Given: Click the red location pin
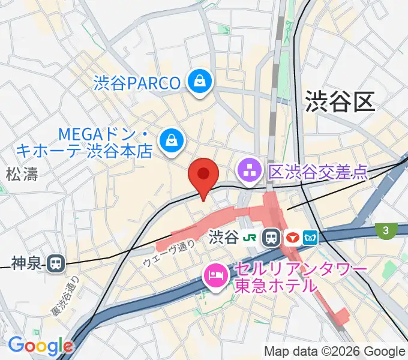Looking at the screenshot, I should click(203, 175).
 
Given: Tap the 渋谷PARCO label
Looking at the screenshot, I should click(137, 83).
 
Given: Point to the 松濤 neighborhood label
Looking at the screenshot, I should click(22, 175).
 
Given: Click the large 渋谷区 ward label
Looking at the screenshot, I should click(340, 101).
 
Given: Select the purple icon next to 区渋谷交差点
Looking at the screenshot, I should click(248, 172).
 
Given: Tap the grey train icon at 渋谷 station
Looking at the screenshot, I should click(272, 238).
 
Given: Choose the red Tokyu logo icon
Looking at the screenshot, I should click(293, 238).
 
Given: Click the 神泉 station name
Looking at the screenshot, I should click(27, 262).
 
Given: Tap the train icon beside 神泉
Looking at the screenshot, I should click(56, 262).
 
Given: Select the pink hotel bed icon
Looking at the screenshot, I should click(214, 275).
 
